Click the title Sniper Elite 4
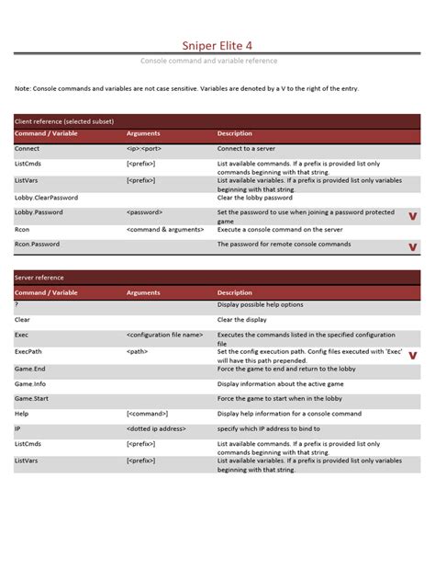coord(217,42)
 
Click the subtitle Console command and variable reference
coord(217,61)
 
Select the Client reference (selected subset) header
coord(64,120)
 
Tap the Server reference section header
coord(44,277)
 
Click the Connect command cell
coord(28,147)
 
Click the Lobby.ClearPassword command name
coord(46,197)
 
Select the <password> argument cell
coord(149,212)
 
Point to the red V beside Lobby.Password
coord(412,216)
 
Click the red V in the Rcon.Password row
coord(412,246)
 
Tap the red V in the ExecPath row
coord(412,355)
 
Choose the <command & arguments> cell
coord(164,229)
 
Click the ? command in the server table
coord(17,303)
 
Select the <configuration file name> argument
coord(164,336)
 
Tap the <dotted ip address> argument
coord(157,428)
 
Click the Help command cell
coord(23,414)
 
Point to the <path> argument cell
coord(138,351)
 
